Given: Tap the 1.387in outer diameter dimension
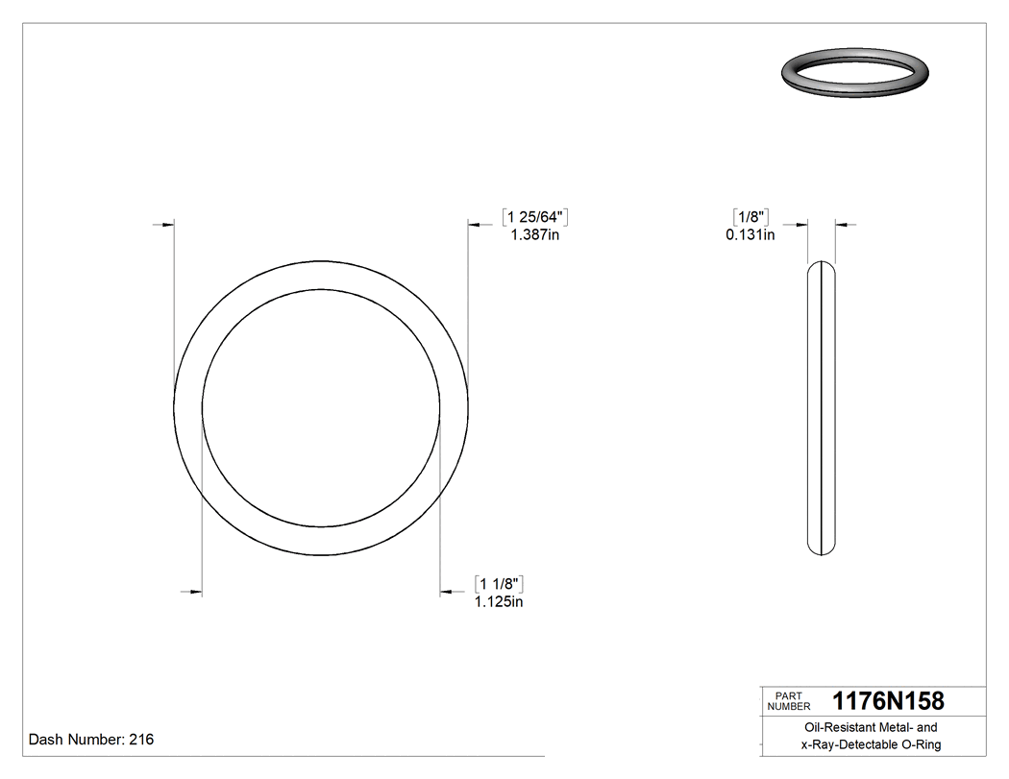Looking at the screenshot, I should tap(534, 234).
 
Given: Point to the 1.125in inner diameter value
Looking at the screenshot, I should tap(499, 602).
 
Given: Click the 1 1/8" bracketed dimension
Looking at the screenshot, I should tap(499, 584).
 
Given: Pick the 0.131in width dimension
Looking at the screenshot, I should tap(751, 233).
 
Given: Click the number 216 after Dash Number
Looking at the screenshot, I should tap(141, 740).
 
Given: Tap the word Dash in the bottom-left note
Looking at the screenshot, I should tap(46, 740).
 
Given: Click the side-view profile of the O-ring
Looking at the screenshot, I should tap(821, 408).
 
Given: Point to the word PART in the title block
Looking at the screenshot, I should tap(788, 695).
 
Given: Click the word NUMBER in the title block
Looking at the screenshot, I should tap(790, 706).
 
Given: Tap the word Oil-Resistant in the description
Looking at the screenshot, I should tap(835, 728).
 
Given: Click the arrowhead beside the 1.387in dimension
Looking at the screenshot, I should tap(474, 225).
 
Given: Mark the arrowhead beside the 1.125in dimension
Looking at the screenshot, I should tap(446, 592).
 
